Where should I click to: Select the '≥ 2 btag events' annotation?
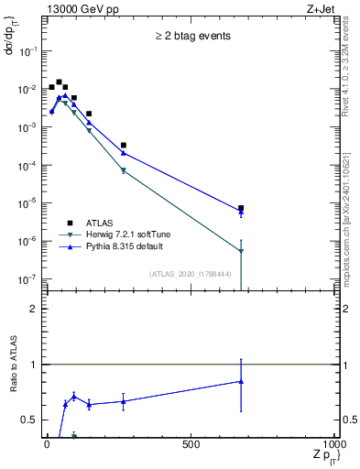click(192, 37)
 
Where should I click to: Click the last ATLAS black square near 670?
click(241, 208)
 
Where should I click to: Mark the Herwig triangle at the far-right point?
click(241, 251)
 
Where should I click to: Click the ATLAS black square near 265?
click(124, 145)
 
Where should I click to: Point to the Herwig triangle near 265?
click(124, 170)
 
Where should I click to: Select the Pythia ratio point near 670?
click(241, 381)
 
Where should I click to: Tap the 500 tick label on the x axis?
click(191, 444)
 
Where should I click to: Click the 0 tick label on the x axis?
click(47, 444)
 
